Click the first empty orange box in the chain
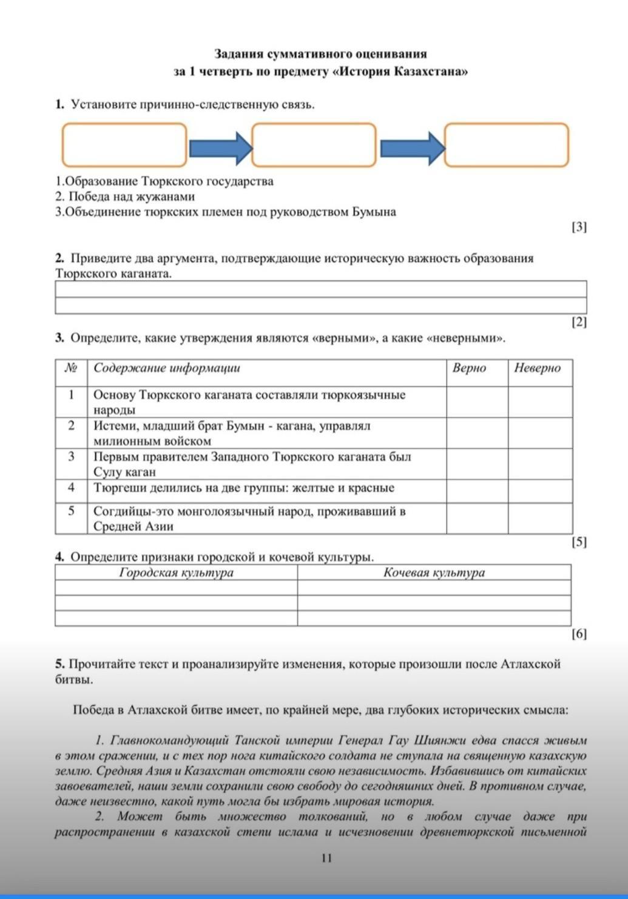click(124, 145)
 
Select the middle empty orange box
click(314, 145)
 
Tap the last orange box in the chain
click(507, 145)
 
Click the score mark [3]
click(579, 227)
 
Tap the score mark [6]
click(579, 634)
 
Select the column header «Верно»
click(469, 368)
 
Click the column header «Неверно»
click(537, 368)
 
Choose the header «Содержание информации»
click(167, 368)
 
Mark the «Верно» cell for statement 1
click(477, 402)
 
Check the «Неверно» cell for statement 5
click(540, 519)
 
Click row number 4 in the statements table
click(71, 488)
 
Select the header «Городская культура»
click(176, 573)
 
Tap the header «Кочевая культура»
click(434, 573)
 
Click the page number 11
click(326, 858)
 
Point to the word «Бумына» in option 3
click(374, 212)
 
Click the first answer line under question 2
click(320, 289)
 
